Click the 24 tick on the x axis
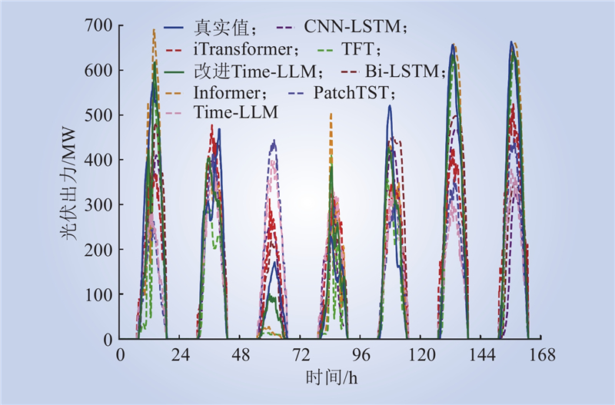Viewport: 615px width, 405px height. [181, 356]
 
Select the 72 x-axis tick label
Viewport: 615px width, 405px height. [301, 356]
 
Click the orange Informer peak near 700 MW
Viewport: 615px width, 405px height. [155, 31]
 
